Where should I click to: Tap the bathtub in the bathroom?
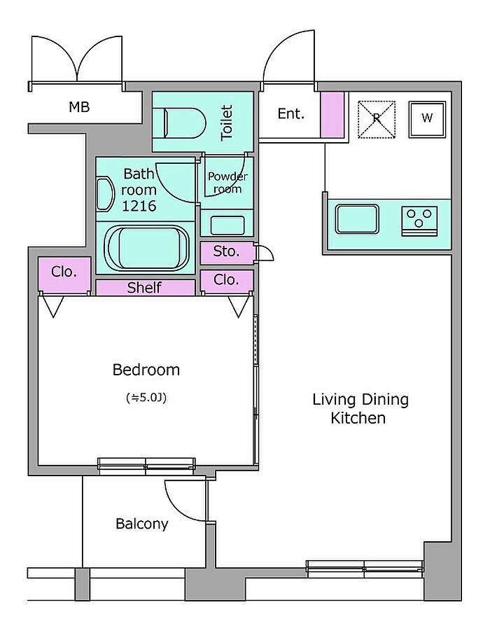coord(146,247)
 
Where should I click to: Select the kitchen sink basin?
coord(357,219)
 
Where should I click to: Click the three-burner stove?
coord(419,221)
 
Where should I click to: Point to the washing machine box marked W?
coord(427,119)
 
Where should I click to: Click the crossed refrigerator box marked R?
coord(377,119)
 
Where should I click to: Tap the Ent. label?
coord(291,113)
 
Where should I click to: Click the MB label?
coord(79,107)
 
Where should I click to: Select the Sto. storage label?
coord(226,251)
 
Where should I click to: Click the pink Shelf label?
coord(144,288)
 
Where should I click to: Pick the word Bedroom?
coord(146,370)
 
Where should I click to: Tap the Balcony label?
coord(141,524)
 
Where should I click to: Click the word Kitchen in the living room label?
coord(358,419)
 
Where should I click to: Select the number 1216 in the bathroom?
coord(139,206)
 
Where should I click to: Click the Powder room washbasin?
coord(227,225)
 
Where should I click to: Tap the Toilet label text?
coord(226,123)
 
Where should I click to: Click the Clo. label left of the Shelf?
coord(64,272)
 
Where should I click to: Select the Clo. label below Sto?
coord(226,280)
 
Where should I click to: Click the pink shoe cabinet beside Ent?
coord(332,115)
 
